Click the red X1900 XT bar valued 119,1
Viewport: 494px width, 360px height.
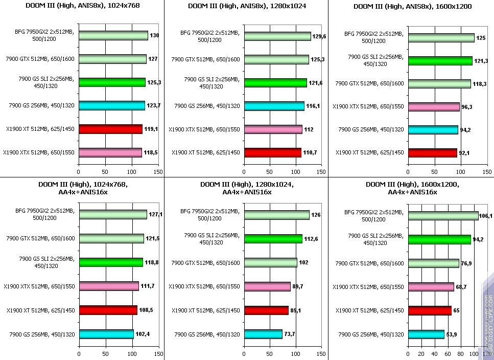coord(110,129)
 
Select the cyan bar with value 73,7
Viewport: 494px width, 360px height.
coord(263,334)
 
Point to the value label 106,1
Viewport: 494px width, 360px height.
coord(487,216)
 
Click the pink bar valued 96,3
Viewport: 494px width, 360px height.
coord(433,106)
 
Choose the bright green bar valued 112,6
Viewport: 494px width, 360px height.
coord(273,238)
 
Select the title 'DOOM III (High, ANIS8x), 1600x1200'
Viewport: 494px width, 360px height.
coord(412,6)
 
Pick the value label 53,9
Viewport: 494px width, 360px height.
coord(452,334)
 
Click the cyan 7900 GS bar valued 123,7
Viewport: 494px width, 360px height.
coord(111,105)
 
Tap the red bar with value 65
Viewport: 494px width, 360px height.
coord(429,310)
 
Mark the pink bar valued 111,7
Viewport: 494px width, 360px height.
coord(108,286)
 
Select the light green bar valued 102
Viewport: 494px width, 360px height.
coord(271,262)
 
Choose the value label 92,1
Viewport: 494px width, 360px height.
coord(465,152)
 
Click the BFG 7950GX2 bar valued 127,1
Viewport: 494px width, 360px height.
coord(112,214)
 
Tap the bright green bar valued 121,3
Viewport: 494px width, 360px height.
coord(440,61)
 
